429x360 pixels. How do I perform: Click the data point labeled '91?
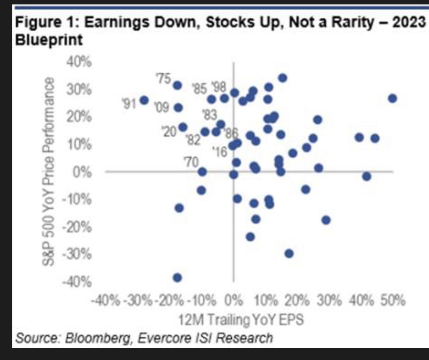pyautogui.click(x=144, y=100)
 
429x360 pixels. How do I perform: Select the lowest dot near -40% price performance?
pyautogui.click(x=177, y=277)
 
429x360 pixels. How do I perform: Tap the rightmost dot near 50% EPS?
pyautogui.click(x=392, y=99)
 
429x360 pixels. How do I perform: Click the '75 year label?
pyautogui.click(x=164, y=79)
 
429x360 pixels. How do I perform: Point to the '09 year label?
pyautogui.click(x=162, y=107)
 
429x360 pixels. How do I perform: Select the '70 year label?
pyautogui.click(x=191, y=162)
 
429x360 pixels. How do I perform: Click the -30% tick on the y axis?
pyautogui.click(x=77, y=254)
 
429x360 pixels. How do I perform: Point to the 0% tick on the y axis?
pyautogui.click(x=82, y=172)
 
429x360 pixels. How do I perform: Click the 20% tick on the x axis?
pyautogui.click(x=297, y=301)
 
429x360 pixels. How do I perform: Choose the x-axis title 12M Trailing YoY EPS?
pyautogui.click(x=241, y=320)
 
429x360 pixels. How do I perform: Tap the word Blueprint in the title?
pyautogui.click(x=49, y=39)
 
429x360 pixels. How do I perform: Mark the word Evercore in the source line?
pyautogui.click(x=161, y=338)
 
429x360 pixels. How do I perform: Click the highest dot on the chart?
pyautogui.click(x=283, y=78)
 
